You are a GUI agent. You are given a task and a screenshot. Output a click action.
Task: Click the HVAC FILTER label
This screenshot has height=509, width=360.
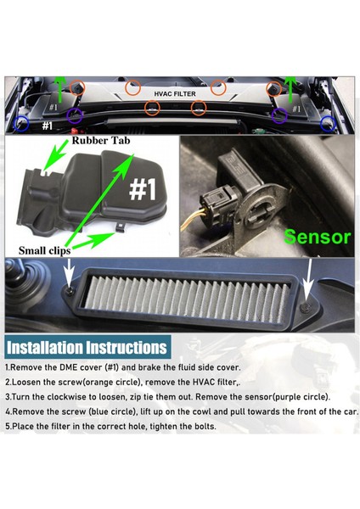tap(175, 94)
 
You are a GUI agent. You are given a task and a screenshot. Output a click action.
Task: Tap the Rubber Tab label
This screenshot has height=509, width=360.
tap(101, 141)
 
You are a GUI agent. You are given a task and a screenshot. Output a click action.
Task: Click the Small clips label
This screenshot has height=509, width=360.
tap(44, 250)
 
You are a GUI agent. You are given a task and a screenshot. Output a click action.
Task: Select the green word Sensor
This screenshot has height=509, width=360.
tap(317, 237)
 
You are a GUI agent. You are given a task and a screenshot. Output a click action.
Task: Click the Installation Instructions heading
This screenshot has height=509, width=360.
tap(87, 347)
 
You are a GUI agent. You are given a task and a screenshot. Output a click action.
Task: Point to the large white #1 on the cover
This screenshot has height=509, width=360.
tap(143, 189)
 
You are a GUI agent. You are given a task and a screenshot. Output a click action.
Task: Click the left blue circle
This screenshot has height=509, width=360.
tap(21, 124)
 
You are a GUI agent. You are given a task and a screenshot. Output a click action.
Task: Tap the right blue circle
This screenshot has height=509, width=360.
tap(328, 124)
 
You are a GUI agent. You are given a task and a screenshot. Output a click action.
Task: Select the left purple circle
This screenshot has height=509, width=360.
tap(75, 115)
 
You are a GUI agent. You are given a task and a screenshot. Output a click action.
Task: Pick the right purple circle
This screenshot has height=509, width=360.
tap(279, 116)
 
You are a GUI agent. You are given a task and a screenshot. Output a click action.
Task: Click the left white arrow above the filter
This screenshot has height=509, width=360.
tap(70, 271)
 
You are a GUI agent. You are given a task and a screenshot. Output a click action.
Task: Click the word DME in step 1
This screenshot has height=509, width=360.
tap(68, 368)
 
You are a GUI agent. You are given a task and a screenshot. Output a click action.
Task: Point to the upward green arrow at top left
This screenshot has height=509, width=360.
tap(59, 88)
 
